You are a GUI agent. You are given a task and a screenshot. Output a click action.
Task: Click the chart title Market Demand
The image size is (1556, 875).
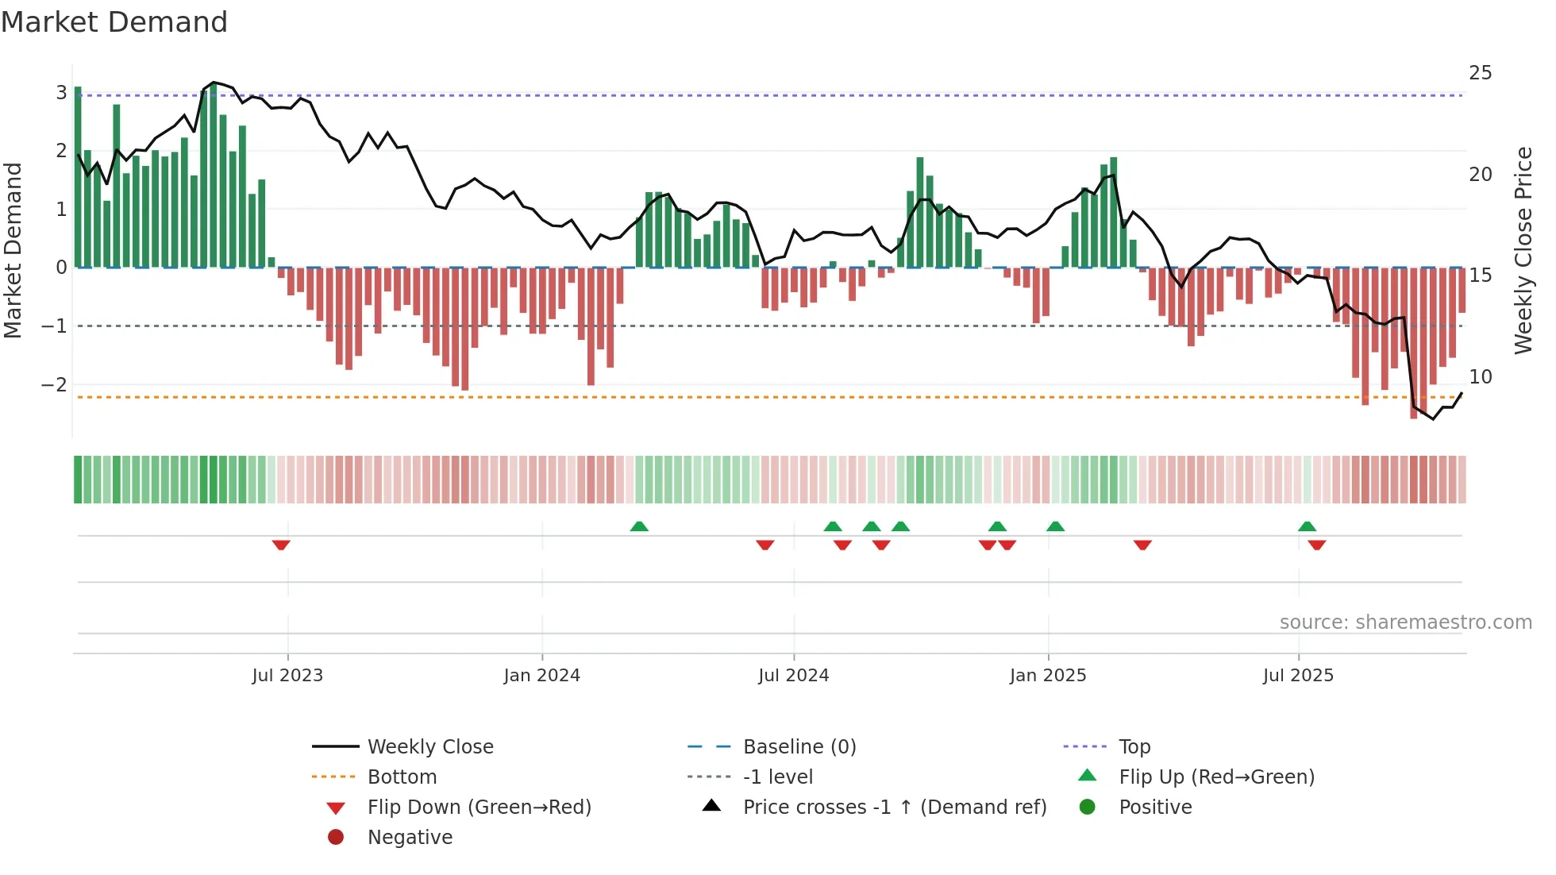pos(114,22)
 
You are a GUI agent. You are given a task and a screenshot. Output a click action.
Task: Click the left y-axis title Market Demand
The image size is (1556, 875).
pos(13,250)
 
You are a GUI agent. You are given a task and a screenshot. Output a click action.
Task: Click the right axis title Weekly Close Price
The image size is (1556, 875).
pos(1523,250)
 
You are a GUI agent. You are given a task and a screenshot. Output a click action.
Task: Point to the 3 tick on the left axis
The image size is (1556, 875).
pos(61,93)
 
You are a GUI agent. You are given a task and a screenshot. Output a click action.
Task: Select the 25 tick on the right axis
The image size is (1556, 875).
pos(1480,73)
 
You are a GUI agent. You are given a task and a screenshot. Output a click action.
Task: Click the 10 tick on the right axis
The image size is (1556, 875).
pos(1480,376)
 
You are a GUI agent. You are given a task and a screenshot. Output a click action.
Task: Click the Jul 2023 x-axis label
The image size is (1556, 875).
pos(287,676)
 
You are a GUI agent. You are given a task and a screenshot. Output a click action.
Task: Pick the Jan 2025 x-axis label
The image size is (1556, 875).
pos(1048,676)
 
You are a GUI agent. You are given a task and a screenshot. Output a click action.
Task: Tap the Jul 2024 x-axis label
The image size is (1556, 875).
pos(793,676)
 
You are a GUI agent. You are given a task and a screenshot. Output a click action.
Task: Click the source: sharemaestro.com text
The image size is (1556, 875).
pos(1405,623)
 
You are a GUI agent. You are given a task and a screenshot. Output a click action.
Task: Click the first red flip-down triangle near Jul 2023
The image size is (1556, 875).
pos(281,545)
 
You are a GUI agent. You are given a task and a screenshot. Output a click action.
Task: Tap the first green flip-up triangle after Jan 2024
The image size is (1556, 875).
pos(639,526)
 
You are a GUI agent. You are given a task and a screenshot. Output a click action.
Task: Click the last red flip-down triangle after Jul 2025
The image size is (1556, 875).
pos(1317,545)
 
